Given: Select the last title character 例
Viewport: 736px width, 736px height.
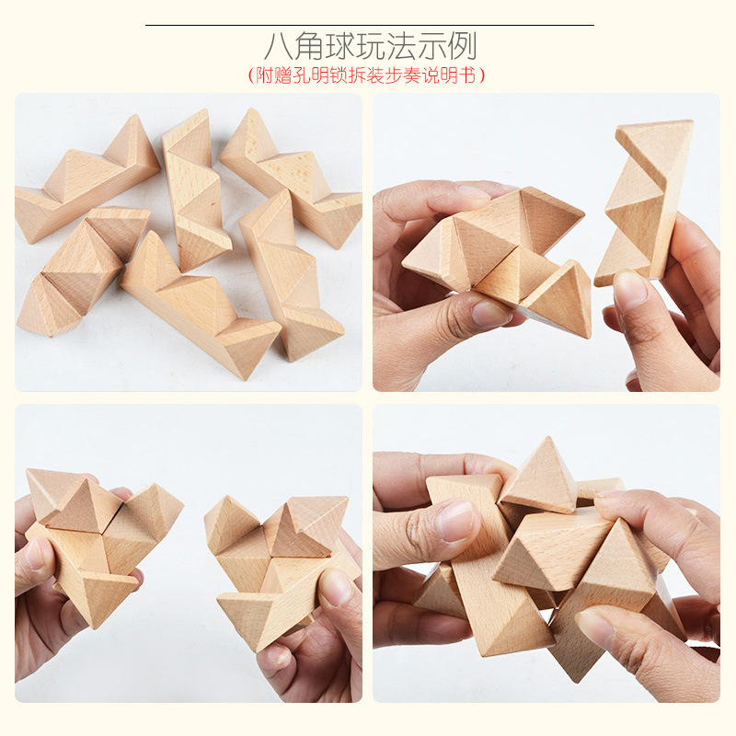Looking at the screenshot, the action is pos(463,47).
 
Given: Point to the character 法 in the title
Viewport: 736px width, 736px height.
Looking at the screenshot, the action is pos(401,47).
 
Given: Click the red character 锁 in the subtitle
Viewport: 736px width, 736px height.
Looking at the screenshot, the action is pos(339,75).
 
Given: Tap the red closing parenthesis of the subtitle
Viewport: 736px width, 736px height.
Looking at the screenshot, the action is pos(480,75).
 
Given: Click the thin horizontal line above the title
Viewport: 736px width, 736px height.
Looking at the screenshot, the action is pos(370,25).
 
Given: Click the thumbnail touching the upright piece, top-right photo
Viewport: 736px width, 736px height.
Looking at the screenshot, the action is pos(630,290).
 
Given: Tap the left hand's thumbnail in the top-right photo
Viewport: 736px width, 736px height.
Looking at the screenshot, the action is pos(490,314).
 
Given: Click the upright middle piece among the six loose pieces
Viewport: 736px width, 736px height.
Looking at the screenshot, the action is pos(196,190).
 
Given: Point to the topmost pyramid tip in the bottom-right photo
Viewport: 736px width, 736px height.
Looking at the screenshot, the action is pos(546,438).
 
